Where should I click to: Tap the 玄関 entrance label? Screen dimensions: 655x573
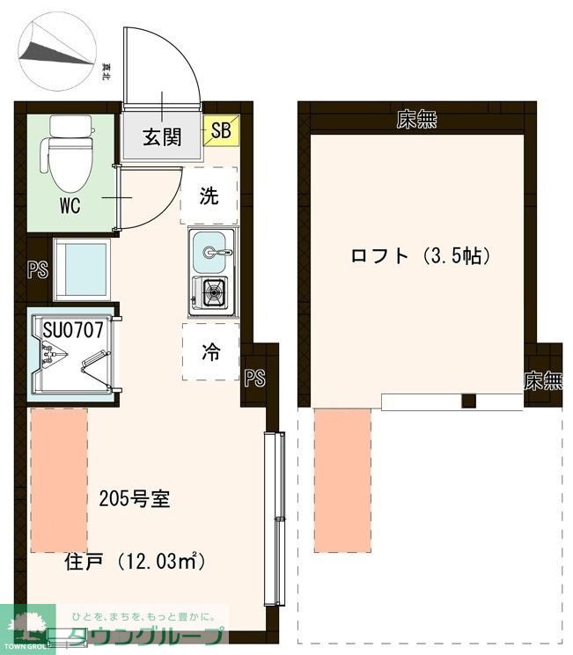point(162,136)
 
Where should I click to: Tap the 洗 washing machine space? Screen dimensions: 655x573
point(209,195)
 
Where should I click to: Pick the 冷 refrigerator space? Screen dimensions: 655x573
point(211,352)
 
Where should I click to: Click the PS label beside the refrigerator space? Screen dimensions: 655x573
point(254,379)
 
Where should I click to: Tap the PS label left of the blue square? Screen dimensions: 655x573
point(37,270)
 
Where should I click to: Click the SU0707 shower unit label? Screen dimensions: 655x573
point(73,330)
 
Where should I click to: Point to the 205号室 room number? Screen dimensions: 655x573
point(134,499)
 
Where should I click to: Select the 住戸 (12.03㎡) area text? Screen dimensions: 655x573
point(135,561)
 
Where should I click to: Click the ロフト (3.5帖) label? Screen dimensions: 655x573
point(420,257)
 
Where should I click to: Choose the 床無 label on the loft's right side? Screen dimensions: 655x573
point(542,381)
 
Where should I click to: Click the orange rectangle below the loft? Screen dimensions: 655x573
point(342,481)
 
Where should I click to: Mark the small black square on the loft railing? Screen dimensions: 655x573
point(469,401)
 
